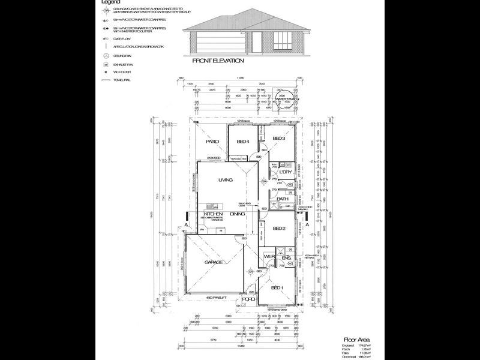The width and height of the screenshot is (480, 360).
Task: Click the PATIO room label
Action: coord(212,142)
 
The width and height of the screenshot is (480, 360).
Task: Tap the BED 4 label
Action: coord(242,142)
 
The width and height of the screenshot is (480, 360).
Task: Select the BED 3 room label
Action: coord(278,139)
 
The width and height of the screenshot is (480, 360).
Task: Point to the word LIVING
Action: coord(226,180)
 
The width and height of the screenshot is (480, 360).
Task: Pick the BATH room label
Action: coord(283,199)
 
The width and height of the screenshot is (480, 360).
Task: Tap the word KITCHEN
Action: coord(214,214)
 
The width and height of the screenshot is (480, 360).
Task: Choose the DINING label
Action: coord(237,214)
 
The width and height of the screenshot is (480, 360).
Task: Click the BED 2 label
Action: coord(278,229)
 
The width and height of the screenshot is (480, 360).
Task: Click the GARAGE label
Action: coord(214,262)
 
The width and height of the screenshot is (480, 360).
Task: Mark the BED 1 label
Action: coord(277,288)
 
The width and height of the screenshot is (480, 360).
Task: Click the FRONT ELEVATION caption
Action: coord(218,61)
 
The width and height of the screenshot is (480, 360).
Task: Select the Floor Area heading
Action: coord(353,339)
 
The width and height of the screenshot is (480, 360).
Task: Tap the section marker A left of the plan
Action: coord(188,224)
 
